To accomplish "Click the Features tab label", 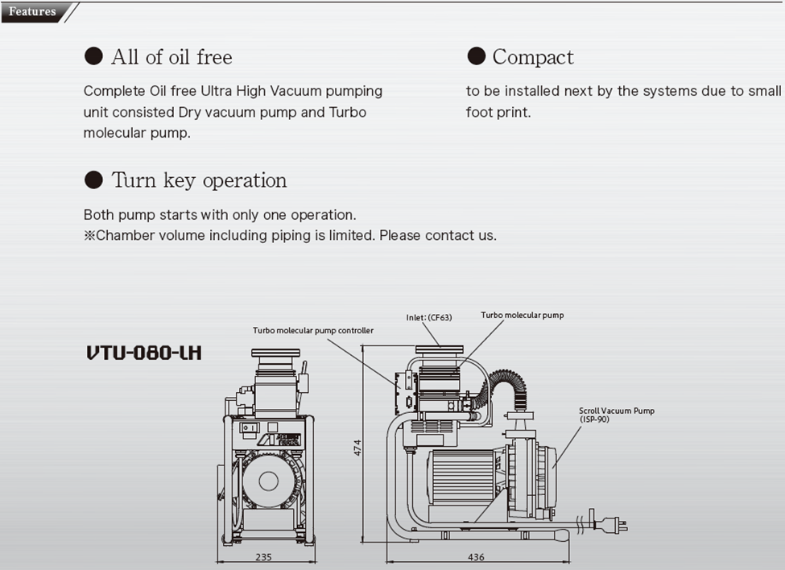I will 32,11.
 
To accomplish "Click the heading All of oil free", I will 171,57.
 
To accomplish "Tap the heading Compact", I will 533,57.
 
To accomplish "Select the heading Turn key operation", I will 199,180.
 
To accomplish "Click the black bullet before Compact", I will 477,56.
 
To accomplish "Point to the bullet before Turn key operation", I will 94,180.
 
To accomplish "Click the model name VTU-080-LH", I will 144,353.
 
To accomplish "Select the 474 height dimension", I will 358,448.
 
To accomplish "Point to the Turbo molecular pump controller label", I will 313,330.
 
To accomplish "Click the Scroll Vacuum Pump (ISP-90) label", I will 617,415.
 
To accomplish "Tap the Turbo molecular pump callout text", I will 522,316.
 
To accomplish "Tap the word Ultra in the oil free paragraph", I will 210,91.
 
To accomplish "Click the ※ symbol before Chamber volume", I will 89,236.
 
